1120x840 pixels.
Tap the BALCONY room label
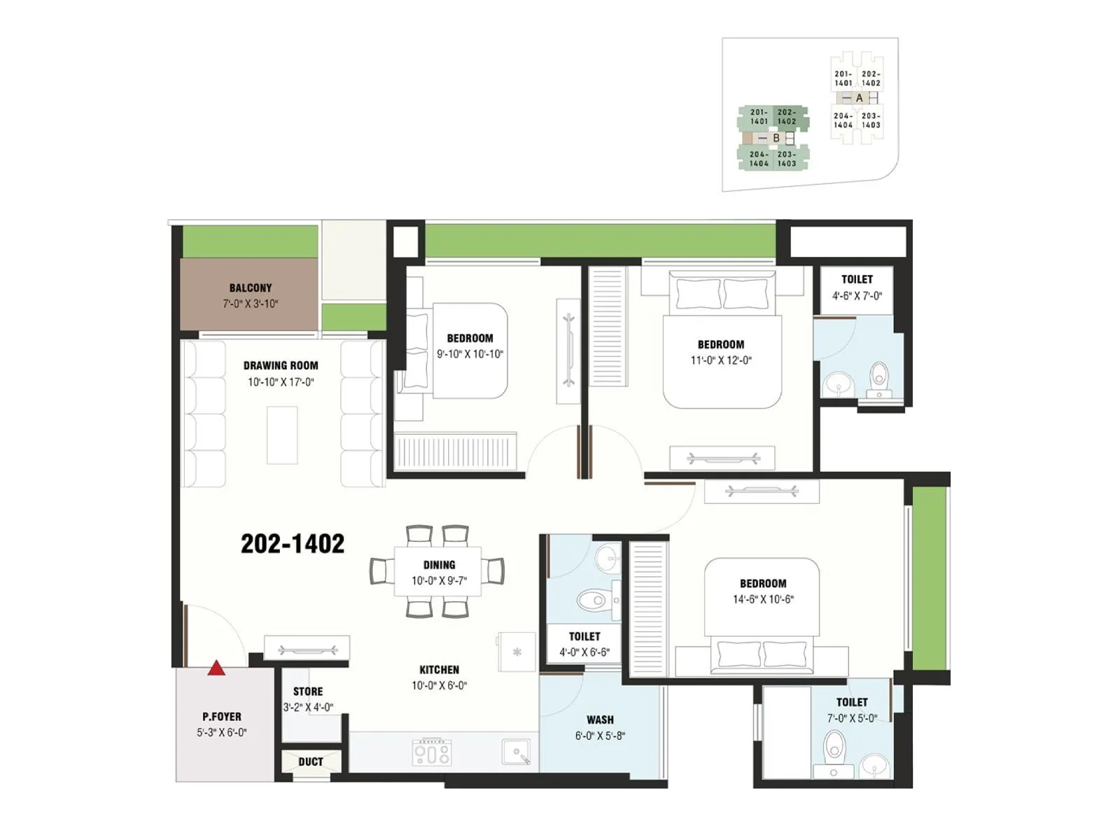click(x=251, y=288)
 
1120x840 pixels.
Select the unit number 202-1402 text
click(x=293, y=544)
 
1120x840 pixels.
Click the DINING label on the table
click(x=439, y=565)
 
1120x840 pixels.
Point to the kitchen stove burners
click(x=432, y=753)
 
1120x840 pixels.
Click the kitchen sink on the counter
click(x=516, y=753)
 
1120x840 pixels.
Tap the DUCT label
click(x=311, y=762)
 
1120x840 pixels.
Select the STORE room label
click(x=308, y=692)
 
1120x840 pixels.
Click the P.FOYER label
click(x=222, y=717)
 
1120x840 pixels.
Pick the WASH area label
click(x=600, y=720)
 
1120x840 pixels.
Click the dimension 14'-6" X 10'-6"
click(x=763, y=599)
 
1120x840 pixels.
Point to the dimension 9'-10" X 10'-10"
click(x=470, y=354)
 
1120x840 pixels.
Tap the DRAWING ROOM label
click(x=281, y=365)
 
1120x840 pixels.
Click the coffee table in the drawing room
click(x=282, y=435)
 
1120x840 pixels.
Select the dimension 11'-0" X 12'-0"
click(x=721, y=360)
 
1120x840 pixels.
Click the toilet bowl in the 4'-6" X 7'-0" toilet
click(x=878, y=378)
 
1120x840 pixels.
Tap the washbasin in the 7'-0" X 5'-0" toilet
click(x=873, y=766)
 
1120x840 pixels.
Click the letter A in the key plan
click(x=860, y=98)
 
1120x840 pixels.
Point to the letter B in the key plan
click(x=776, y=138)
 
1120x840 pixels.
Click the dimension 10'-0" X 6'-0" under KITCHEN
click(x=439, y=686)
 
